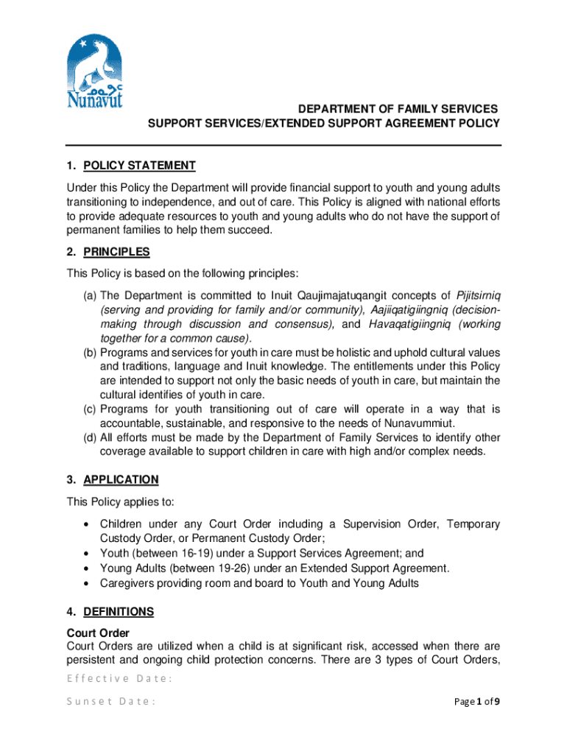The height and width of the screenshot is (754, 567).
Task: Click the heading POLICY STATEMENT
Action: pos(139,166)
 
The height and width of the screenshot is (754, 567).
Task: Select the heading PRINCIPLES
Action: pos(116,252)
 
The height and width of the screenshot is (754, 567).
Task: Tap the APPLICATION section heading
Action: pos(121,480)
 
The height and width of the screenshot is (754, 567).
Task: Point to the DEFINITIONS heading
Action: pos(119,611)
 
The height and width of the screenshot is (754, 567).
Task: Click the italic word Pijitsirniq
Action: pos(479,295)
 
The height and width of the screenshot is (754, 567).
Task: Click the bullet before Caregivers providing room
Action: pos(88,583)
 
